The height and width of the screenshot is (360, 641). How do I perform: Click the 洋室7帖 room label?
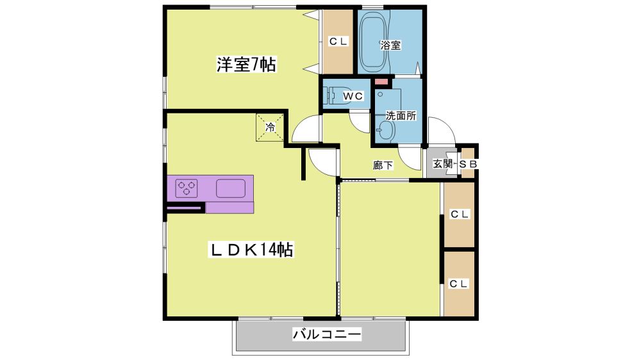coord(246,65)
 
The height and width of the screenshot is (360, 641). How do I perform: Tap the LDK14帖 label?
coord(251,249)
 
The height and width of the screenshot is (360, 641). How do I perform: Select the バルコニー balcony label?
coord(327,334)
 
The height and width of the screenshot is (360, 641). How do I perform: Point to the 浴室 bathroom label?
coord(390,45)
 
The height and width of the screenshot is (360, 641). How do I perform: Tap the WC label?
coord(353,96)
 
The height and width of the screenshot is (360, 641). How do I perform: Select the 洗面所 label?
coord(401,116)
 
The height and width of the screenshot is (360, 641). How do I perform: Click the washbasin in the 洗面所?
coord(386,130)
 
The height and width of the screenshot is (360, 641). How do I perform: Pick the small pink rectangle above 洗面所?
coord(381,82)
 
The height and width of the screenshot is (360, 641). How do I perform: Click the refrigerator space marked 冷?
coord(270,127)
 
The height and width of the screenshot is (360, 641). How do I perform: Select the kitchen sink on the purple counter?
coord(231,188)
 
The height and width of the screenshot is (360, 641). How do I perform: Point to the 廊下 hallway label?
coord(383,165)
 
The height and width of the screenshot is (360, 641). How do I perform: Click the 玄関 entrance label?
coord(442,164)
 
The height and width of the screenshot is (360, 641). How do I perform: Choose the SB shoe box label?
coord(468,164)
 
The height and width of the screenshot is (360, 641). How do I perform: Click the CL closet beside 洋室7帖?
coord(338,42)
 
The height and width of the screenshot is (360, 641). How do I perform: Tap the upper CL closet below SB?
coord(459,215)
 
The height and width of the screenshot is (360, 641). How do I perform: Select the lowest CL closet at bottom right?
coord(459,284)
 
